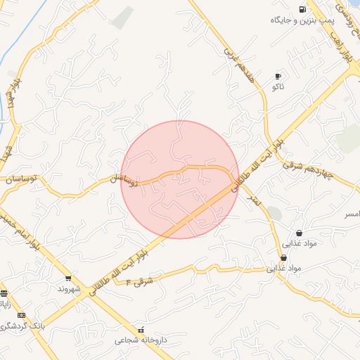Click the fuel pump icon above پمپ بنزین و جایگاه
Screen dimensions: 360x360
click(302, 9)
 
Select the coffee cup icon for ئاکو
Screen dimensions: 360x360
click(278, 76)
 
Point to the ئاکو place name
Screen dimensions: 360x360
click(278, 87)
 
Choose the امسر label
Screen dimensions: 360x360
click(349, 212)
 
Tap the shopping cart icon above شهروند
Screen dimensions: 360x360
click(68, 278)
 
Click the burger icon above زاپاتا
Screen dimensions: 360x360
click(4, 293)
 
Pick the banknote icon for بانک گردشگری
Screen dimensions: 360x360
click(21, 316)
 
